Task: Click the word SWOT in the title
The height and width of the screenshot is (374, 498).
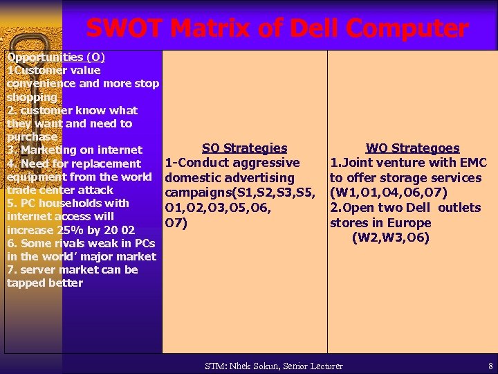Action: click(124, 29)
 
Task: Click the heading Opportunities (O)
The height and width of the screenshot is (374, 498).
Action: click(55, 57)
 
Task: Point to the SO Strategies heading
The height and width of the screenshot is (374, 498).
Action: click(244, 148)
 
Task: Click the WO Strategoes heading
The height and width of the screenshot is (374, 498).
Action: click(412, 148)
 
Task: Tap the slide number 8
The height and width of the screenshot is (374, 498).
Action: click(490, 366)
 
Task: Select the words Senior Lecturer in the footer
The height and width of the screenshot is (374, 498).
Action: click(317, 366)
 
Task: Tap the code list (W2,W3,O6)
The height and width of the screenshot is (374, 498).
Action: click(391, 238)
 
